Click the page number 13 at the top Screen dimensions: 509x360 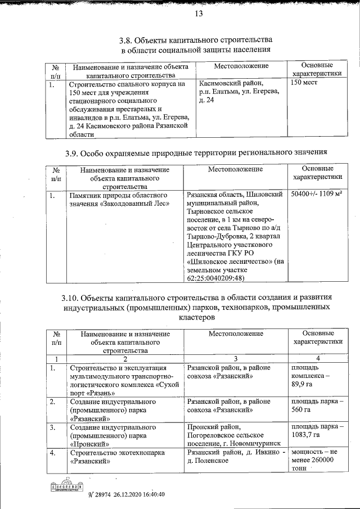tap(198, 15)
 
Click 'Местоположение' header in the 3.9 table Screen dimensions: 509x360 tap(235, 169)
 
